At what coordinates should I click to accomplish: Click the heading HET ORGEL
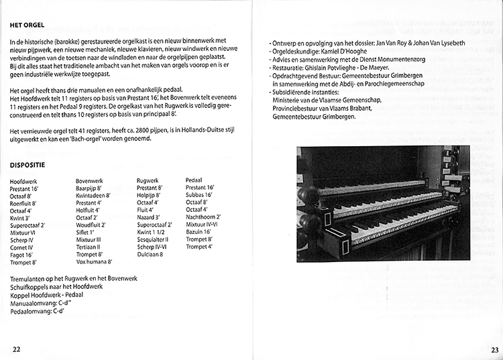click(27, 26)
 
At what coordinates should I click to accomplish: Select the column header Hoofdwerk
click(25, 182)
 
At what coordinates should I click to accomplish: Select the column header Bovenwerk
click(90, 181)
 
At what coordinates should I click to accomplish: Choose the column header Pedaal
click(195, 181)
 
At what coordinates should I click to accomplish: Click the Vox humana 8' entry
click(94, 261)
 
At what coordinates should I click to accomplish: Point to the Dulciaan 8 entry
click(152, 254)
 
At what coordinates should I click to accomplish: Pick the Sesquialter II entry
click(153, 239)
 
